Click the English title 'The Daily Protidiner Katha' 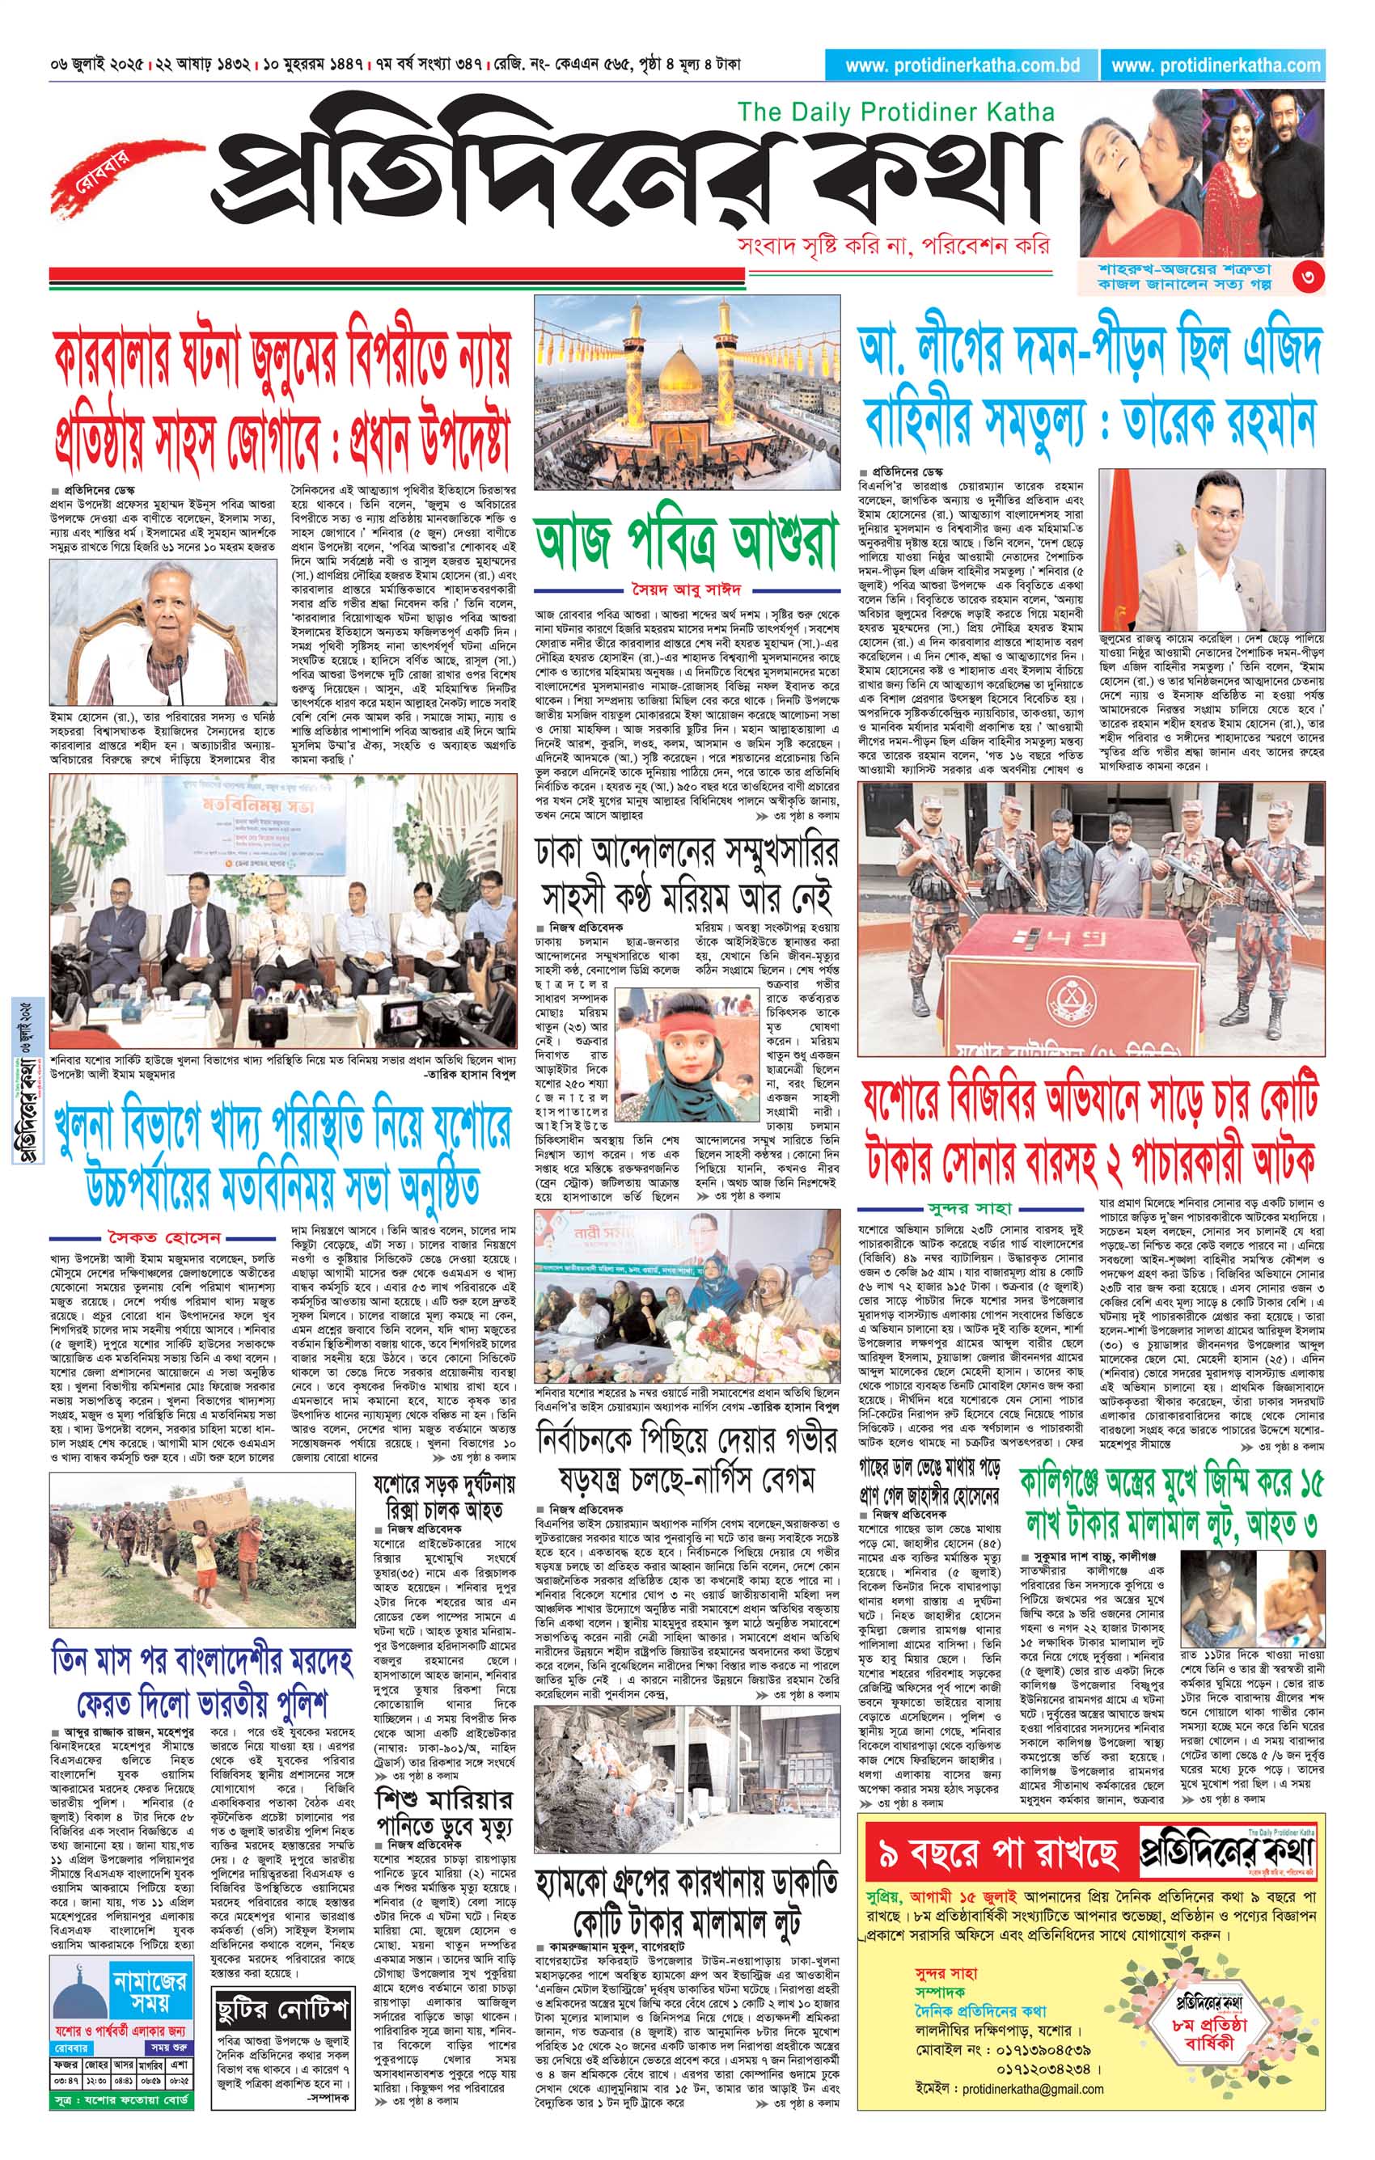895,112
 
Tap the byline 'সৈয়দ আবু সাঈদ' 687,590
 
